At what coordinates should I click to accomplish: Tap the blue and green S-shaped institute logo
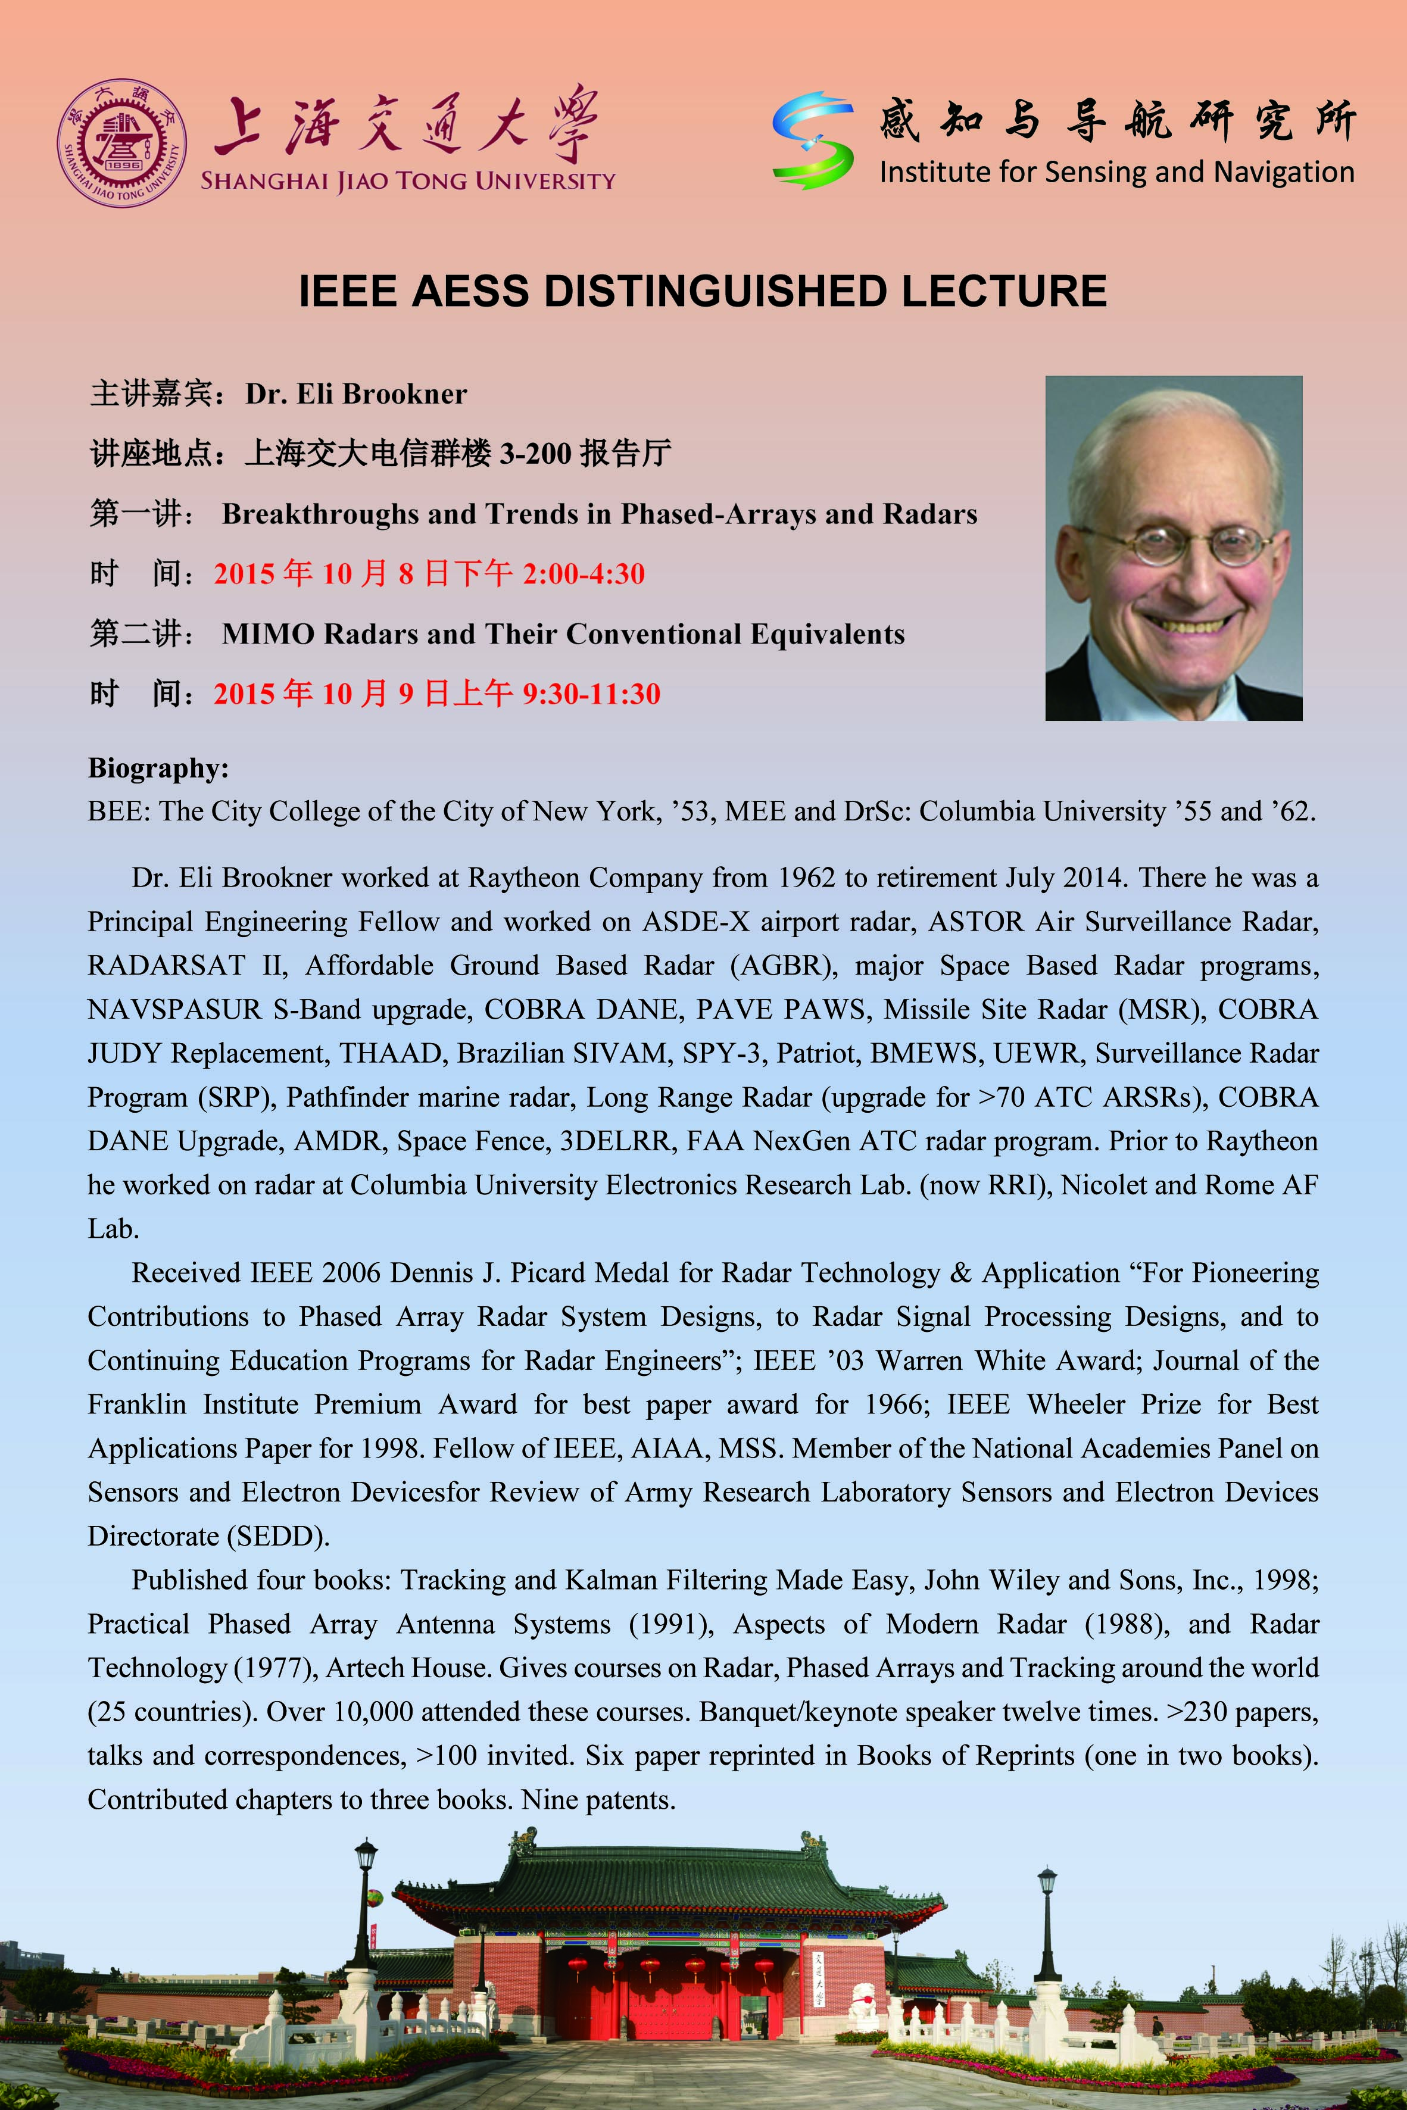(x=812, y=140)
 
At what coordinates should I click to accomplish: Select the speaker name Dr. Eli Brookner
(x=356, y=394)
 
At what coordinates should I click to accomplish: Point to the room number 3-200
(x=535, y=454)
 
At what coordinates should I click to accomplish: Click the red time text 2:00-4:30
(x=584, y=574)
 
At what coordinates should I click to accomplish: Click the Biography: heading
(x=158, y=768)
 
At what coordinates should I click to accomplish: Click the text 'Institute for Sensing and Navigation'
(x=1116, y=171)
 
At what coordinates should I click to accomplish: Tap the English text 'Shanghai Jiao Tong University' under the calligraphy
(x=408, y=180)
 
